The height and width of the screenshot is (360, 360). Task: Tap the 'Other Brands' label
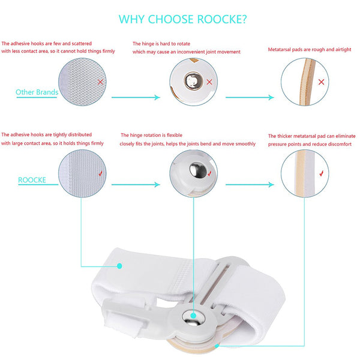pyautogui.click(x=37, y=92)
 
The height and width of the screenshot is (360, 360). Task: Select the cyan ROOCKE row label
pyautogui.click(x=32, y=180)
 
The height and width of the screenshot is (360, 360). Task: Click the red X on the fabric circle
pyautogui.click(x=100, y=82)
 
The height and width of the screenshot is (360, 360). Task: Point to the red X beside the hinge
pyautogui.click(x=209, y=82)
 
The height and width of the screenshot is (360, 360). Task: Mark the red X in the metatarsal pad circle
pyautogui.click(x=321, y=82)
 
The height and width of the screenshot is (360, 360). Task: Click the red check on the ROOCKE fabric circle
pyautogui.click(x=101, y=173)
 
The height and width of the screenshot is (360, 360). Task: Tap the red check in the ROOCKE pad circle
pyautogui.click(x=322, y=173)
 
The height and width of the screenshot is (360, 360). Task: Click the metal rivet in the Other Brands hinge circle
pyautogui.click(x=193, y=81)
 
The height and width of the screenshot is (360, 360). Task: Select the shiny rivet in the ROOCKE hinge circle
pyautogui.click(x=198, y=170)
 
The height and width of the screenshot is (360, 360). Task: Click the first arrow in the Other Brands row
pyautogui.click(x=136, y=97)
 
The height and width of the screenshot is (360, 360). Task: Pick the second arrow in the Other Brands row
pyautogui.click(x=250, y=97)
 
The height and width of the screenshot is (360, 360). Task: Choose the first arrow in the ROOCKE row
pyautogui.click(x=136, y=185)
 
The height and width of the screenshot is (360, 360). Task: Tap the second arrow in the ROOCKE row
pyautogui.click(x=250, y=185)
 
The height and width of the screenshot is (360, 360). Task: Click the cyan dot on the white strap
pyautogui.click(x=119, y=266)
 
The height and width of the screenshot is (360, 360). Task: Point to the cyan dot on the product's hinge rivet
pyautogui.click(x=193, y=316)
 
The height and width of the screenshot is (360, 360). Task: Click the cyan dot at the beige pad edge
pyautogui.click(x=217, y=346)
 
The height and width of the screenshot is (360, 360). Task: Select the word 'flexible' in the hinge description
pyautogui.click(x=175, y=135)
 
